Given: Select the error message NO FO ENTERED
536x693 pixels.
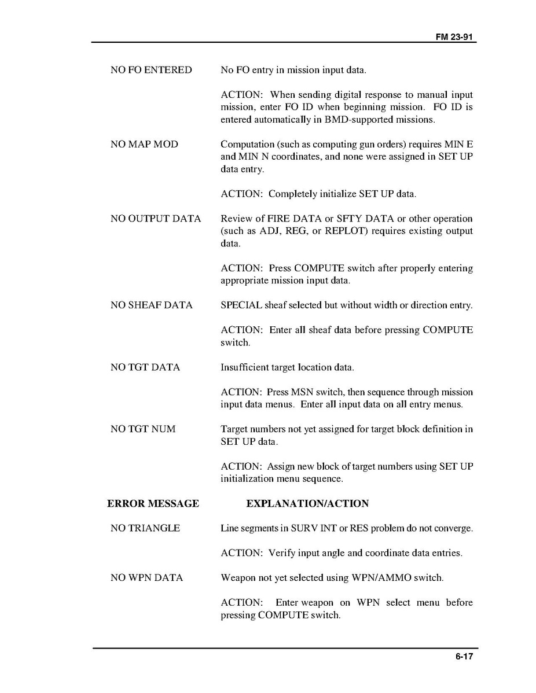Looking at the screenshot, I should pos(151,70).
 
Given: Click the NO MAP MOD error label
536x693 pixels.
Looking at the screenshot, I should pos(144,144).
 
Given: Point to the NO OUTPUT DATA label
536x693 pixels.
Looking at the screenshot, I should pos(156,219).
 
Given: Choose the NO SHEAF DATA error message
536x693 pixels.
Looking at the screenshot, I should pos(152,305).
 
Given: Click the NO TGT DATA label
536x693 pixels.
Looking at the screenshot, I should pos(145,367).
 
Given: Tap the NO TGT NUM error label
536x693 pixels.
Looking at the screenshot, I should pos(143,429).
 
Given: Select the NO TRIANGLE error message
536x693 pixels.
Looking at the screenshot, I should pos(145,528).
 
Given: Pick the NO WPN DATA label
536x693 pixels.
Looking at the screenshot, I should pos(146,578).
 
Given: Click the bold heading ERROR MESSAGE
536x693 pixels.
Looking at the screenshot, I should pos(153,504).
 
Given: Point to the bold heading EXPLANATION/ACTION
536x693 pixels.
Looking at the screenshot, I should pos(307,504).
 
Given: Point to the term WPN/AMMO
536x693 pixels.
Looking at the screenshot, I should pos(374,578).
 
